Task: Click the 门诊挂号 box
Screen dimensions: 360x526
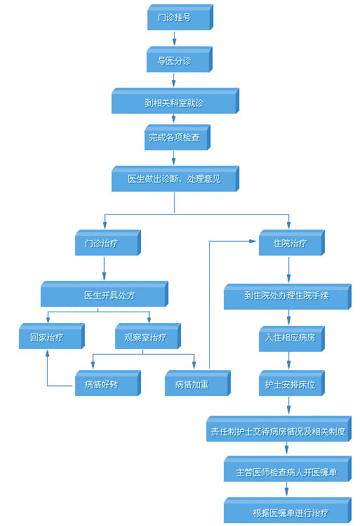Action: (x=180, y=17)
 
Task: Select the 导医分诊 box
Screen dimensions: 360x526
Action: (x=180, y=60)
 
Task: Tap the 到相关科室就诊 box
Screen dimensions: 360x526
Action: (x=175, y=101)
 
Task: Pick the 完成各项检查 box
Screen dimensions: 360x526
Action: (x=178, y=137)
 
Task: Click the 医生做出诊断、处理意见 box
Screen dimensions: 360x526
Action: (x=175, y=179)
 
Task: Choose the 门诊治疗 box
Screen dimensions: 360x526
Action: (x=108, y=242)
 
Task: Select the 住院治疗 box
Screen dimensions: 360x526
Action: (x=292, y=242)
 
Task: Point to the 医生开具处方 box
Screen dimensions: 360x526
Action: (x=105, y=294)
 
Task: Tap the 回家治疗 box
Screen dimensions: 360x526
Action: (x=52, y=336)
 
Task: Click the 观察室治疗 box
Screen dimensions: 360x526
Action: (x=148, y=336)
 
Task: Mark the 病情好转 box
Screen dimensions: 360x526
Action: (x=108, y=383)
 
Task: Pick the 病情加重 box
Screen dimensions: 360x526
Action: (x=198, y=383)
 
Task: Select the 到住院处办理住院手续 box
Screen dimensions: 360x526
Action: (x=288, y=296)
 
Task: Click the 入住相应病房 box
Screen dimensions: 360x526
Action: (x=292, y=338)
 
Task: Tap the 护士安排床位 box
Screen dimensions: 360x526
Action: (x=292, y=383)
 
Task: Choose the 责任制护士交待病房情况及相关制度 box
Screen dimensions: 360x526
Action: (x=279, y=428)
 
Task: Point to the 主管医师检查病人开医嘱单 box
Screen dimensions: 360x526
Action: (x=288, y=469)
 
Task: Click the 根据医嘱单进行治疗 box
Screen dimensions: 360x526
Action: (x=288, y=511)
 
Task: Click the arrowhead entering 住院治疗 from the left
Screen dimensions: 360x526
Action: (x=253, y=241)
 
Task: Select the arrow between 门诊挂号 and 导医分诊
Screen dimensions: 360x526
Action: (x=174, y=38)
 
